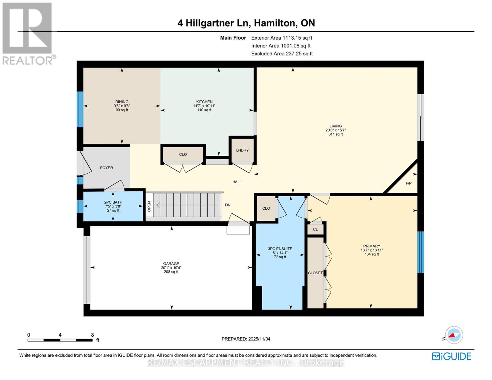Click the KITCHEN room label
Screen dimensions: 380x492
204,102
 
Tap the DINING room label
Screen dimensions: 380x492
122,102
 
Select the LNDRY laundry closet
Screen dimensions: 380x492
242,150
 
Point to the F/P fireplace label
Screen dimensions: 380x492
409,183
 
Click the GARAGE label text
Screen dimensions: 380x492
171,263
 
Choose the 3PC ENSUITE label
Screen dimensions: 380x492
280,249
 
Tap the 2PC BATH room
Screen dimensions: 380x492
113,206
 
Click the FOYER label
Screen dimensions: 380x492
106,168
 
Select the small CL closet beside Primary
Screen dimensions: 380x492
315,229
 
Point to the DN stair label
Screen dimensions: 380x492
228,205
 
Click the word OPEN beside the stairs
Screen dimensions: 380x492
149,206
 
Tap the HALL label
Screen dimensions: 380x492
237,182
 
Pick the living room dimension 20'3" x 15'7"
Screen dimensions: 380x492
336,130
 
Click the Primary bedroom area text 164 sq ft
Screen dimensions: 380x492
372,254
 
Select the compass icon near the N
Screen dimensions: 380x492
454,335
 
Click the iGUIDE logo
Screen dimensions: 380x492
451,356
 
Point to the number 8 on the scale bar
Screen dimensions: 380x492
92,335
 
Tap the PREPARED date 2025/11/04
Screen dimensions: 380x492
259,339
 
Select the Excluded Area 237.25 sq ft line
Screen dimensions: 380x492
282,54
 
